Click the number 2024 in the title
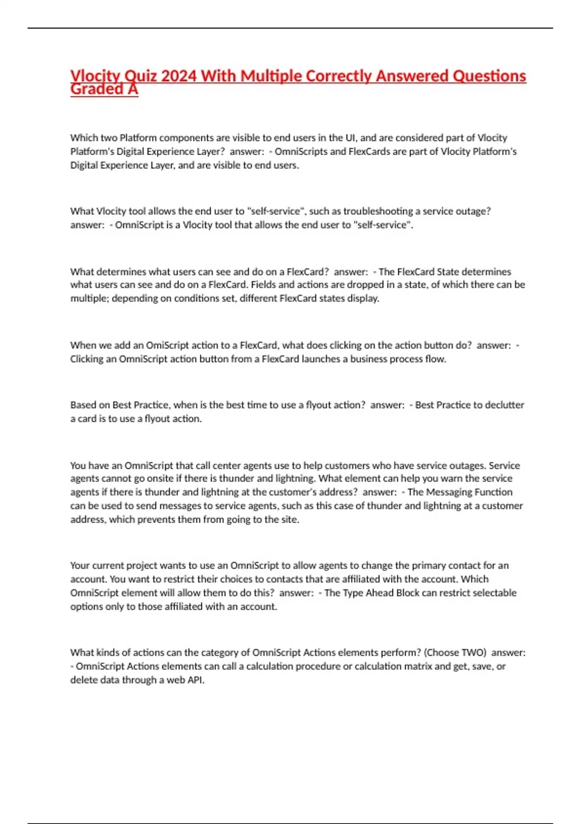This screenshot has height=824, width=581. (x=179, y=76)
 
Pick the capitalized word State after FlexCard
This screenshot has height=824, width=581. (x=448, y=272)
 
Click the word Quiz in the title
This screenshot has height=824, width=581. (x=140, y=76)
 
